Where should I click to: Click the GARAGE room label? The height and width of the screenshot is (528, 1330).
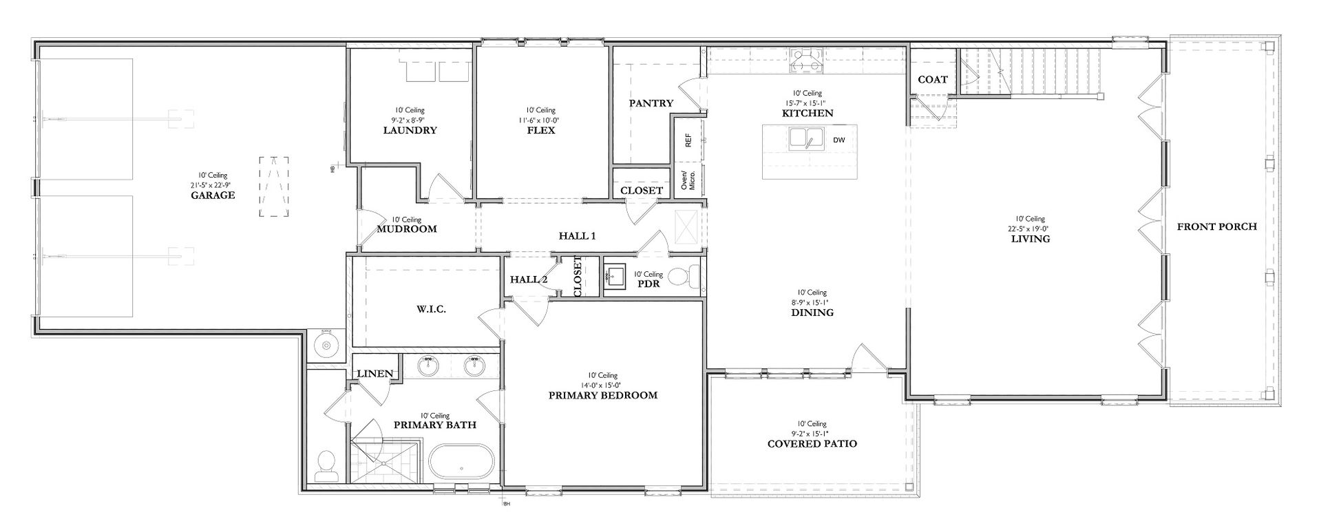point(213,195)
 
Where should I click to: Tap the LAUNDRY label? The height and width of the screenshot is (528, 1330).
point(410,130)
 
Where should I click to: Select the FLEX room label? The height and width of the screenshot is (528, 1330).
point(540,130)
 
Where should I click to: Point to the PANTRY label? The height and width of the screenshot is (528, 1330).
point(651,103)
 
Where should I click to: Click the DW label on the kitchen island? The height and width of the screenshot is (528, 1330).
point(838,140)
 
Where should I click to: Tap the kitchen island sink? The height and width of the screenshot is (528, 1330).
point(806,138)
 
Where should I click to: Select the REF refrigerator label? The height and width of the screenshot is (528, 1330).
point(688,140)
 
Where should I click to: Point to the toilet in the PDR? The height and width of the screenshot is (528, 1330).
point(684,277)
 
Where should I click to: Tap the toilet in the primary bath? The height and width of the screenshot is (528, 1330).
point(324,466)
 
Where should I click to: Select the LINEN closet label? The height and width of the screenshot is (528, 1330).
point(375,374)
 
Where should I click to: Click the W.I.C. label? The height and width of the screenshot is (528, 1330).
point(431,309)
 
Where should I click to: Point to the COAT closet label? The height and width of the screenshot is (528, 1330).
point(933,79)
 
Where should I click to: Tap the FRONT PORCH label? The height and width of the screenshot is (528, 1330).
point(1216,226)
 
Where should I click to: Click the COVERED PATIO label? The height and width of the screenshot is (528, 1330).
point(812,444)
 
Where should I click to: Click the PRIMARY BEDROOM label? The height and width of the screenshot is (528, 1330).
point(602,395)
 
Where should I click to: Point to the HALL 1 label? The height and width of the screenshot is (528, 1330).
point(577,236)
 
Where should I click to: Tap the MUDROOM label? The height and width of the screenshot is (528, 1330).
point(407,229)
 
